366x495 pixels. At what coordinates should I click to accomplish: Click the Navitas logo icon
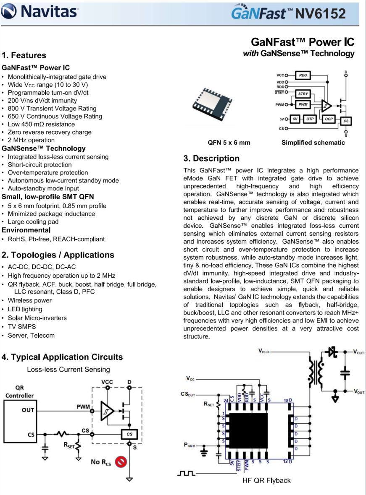coord(10,11)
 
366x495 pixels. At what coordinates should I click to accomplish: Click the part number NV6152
coord(321,14)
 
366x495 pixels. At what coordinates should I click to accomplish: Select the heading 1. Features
coord(24,55)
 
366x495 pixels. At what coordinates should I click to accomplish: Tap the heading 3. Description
coord(211,159)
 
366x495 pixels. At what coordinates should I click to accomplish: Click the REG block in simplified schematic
coord(303,75)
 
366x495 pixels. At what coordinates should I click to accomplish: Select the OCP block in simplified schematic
coord(329,119)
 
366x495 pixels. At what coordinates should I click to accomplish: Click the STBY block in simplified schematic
coord(302,94)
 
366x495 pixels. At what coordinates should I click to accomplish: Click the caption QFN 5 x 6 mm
coord(229,143)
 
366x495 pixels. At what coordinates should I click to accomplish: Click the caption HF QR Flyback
coord(267,480)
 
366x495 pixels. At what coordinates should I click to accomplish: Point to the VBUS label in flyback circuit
coord(264,350)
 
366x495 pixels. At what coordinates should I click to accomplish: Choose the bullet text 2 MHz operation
coord(31,140)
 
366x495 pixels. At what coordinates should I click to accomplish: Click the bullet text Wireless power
coord(30,300)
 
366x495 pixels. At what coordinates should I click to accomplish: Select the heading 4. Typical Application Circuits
coord(62,357)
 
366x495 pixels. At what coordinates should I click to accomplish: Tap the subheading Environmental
coord(26,230)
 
